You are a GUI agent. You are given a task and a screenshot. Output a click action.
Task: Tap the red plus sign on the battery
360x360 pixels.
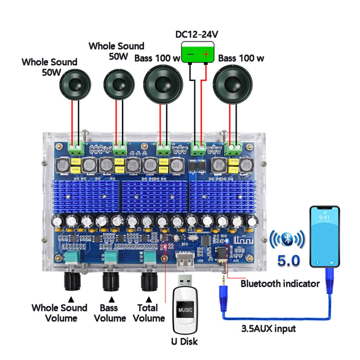pyautogui.click(x=206, y=54)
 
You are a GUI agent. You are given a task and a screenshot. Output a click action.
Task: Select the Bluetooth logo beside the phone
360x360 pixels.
pyautogui.click(x=287, y=239)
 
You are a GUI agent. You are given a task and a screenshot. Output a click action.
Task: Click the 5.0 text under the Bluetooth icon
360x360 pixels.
pyautogui.click(x=289, y=260)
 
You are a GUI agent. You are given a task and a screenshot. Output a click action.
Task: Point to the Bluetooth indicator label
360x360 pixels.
pyautogui.click(x=280, y=284)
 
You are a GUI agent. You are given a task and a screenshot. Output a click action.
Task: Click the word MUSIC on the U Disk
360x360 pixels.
pyautogui.click(x=185, y=310)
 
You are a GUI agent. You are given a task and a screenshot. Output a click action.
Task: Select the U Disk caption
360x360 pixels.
pyautogui.click(x=184, y=341)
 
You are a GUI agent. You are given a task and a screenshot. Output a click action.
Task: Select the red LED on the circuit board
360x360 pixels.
pyautogui.click(x=164, y=247)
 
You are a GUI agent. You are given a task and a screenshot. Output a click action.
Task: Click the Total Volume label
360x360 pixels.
pyautogui.click(x=148, y=313)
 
